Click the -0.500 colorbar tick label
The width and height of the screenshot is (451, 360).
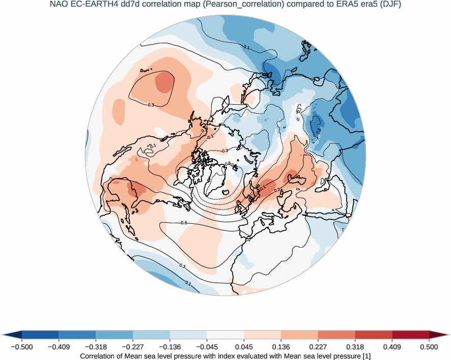pos(22,347)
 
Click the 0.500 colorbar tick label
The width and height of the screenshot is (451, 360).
pos(429,347)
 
